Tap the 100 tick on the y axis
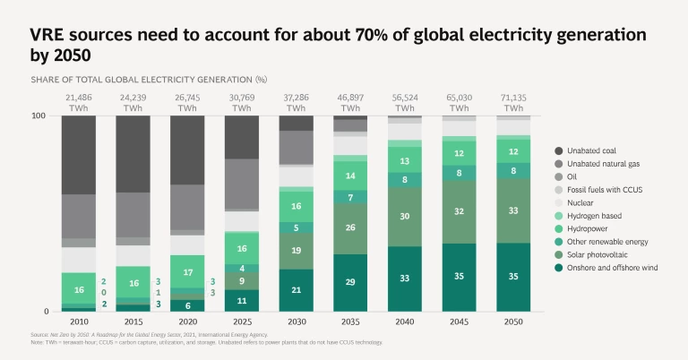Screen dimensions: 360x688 39,116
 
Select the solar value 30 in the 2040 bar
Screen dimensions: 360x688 406,217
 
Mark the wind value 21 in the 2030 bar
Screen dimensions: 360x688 297,290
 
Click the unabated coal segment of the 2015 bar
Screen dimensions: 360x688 133,154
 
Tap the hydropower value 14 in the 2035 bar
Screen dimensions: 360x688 351,176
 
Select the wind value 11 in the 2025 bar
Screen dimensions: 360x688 242,301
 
